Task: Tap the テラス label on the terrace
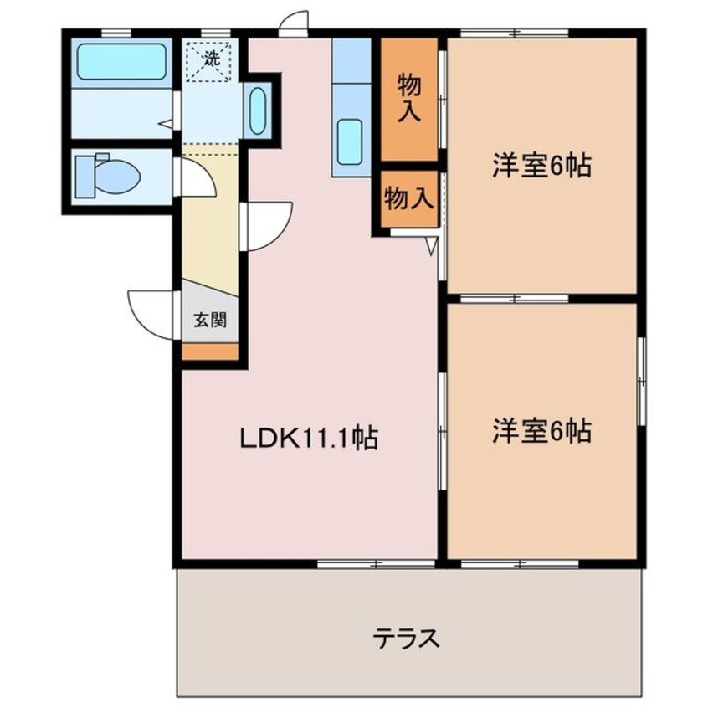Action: click(406, 639)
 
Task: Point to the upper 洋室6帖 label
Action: click(541, 166)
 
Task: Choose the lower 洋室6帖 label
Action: click(541, 431)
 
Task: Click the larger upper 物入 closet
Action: click(408, 99)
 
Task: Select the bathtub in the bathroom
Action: click(121, 61)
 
